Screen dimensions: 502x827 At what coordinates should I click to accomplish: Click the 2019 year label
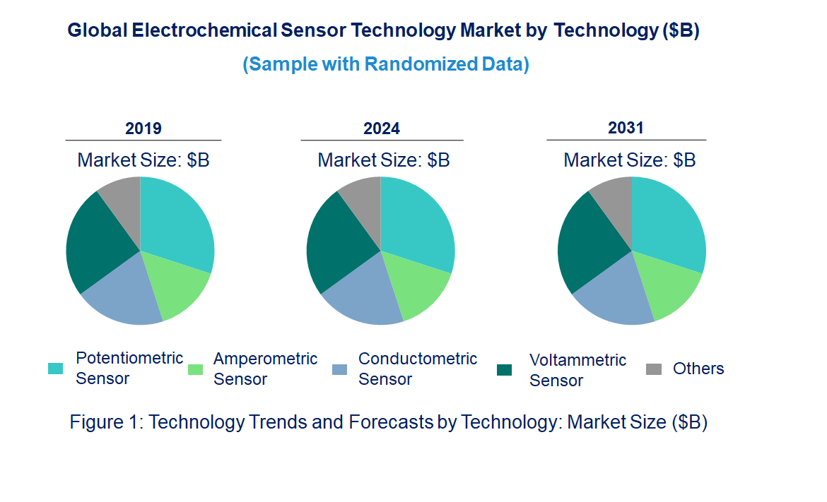(x=143, y=129)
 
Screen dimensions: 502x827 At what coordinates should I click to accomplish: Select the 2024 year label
(x=382, y=129)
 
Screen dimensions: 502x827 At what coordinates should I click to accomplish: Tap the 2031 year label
(x=626, y=128)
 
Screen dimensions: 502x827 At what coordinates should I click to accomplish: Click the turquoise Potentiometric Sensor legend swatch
(x=56, y=369)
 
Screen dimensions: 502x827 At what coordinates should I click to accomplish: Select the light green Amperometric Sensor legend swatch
(x=195, y=369)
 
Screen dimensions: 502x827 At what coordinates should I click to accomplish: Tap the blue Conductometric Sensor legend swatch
(x=339, y=369)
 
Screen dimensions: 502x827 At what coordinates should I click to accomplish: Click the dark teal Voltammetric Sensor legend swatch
(x=505, y=370)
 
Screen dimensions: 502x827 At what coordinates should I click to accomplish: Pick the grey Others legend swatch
(x=655, y=369)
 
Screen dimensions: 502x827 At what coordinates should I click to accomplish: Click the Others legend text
(x=698, y=369)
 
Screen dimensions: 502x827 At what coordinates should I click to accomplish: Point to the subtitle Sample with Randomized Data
(x=386, y=64)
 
